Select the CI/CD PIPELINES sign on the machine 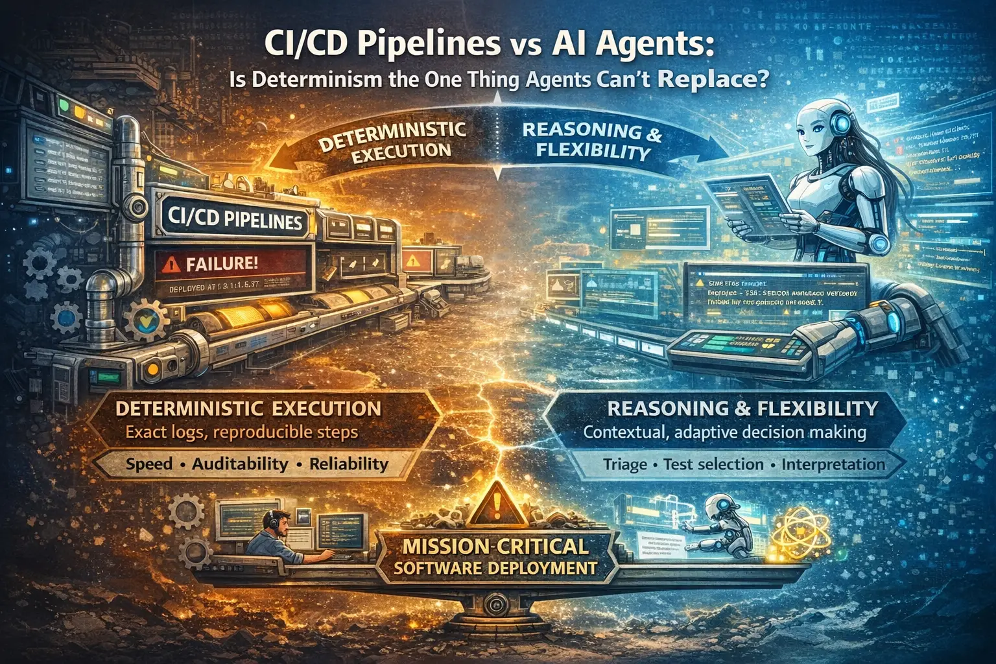(x=234, y=219)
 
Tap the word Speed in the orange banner (x=149, y=464)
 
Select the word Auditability (x=240, y=464)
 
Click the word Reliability (x=349, y=464)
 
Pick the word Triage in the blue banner (x=625, y=464)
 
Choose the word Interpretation (x=833, y=464)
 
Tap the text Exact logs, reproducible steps (x=242, y=432)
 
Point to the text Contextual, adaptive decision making (x=724, y=433)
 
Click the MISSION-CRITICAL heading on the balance (x=496, y=546)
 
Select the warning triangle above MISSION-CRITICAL (x=495, y=503)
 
